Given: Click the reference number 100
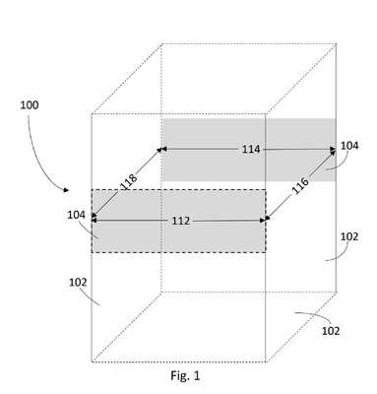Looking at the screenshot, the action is coord(30,105).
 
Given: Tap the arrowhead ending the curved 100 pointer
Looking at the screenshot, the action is coord(66,190).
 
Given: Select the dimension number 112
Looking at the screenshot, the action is coord(181,221).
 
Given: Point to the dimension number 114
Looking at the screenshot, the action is coord(251,150).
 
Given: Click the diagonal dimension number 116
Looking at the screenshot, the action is coord(300,186).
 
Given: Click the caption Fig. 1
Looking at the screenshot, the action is coord(185,375).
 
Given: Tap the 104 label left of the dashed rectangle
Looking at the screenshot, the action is coord(76,215).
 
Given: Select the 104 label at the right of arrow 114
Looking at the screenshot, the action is coord(349,146).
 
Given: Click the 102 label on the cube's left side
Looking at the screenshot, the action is coord(78,283).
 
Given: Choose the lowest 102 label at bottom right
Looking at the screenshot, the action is coord(331,331).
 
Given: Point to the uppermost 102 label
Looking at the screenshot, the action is coord(349,236).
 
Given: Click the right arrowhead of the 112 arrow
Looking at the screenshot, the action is coord(263,221).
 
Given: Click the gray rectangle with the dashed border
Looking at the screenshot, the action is coord(178,221).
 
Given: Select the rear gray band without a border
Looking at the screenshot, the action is coord(248,150).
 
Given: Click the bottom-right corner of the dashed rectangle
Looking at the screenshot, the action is coord(266,253).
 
